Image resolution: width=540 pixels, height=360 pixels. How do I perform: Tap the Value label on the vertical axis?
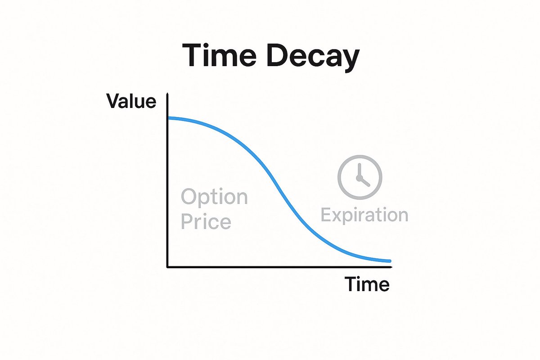(x=131, y=102)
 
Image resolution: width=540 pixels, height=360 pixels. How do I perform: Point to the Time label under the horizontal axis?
(x=367, y=284)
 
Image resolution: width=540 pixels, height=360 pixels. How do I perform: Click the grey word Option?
(x=214, y=198)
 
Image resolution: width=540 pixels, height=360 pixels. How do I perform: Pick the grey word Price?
(x=206, y=222)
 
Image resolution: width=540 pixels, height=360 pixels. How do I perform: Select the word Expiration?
(x=364, y=215)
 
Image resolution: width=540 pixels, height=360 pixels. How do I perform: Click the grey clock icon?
(x=360, y=177)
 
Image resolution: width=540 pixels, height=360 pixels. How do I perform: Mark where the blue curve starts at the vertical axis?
(x=168, y=118)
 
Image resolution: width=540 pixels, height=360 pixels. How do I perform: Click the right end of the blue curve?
(x=390, y=261)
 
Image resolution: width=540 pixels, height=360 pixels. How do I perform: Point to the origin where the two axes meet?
(x=167, y=267)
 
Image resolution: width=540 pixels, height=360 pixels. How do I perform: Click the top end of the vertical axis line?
(x=167, y=94)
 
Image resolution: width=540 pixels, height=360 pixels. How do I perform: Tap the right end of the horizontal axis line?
(x=391, y=267)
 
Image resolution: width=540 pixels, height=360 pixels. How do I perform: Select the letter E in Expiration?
(x=326, y=215)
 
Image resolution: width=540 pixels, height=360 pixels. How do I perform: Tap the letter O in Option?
(x=190, y=197)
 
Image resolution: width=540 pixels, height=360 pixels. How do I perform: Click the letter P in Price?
(x=187, y=222)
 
